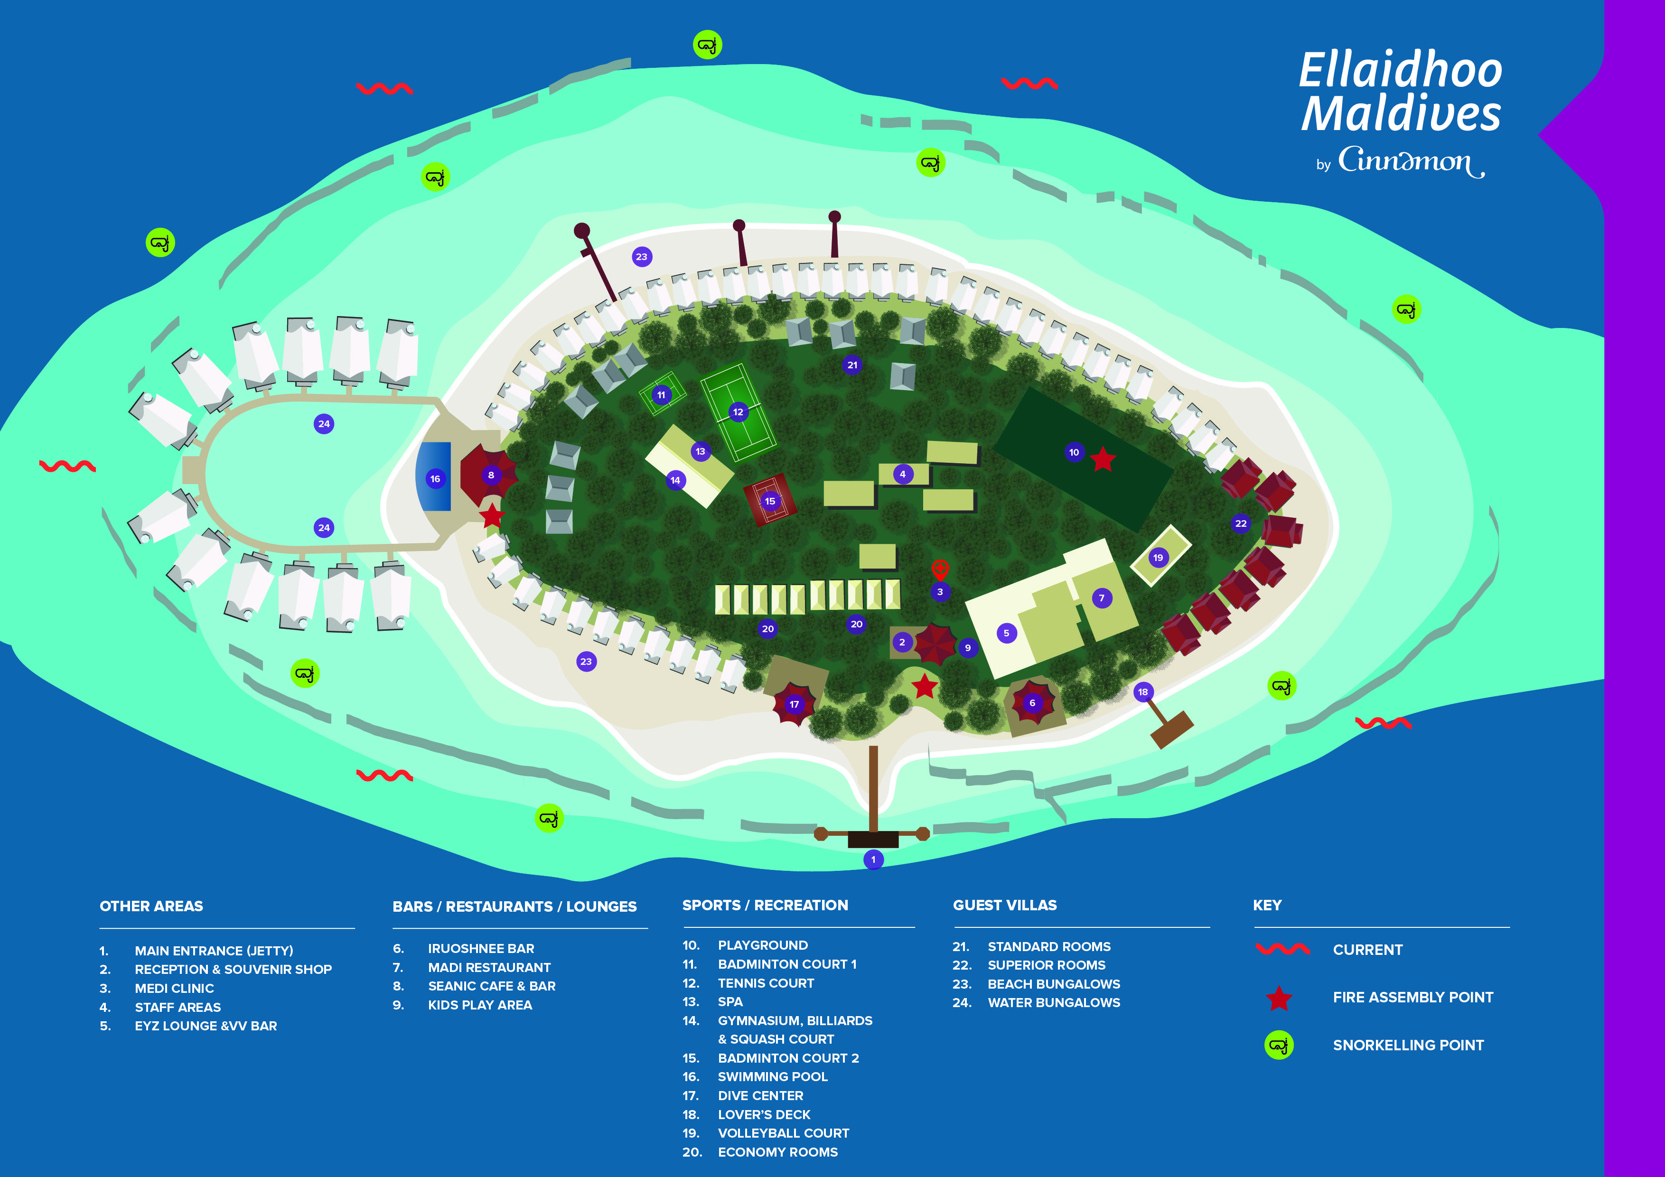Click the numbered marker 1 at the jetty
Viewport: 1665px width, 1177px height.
(x=873, y=859)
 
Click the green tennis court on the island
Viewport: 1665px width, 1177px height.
(x=738, y=411)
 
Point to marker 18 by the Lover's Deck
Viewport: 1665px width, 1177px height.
(x=1143, y=692)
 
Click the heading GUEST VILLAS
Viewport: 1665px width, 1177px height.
(x=1004, y=905)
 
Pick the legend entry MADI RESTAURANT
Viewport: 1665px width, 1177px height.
(x=489, y=967)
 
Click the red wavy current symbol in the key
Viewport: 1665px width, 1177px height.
(x=1282, y=949)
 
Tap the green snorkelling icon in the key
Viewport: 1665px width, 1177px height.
(x=1279, y=1045)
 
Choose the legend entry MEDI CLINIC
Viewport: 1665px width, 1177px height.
(x=174, y=988)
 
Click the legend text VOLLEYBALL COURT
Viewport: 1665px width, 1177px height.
(x=783, y=1133)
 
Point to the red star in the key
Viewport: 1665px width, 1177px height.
(x=1279, y=998)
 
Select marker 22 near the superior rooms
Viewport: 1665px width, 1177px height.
(x=1241, y=523)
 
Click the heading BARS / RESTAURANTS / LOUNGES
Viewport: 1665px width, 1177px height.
(x=514, y=906)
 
